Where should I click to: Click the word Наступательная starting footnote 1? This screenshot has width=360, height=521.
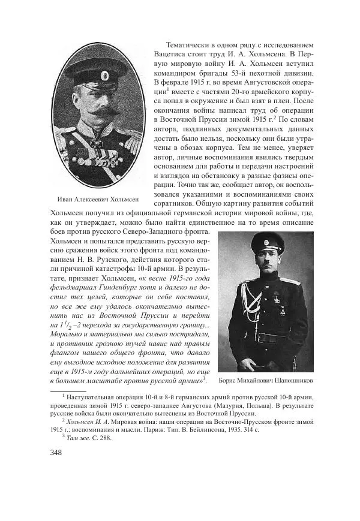coord(97,396)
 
